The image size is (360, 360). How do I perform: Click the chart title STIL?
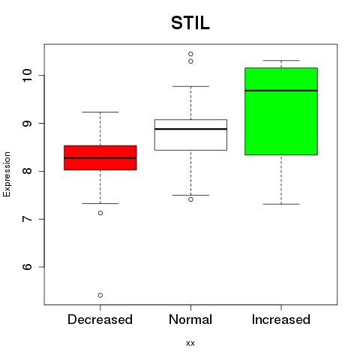coord(190,23)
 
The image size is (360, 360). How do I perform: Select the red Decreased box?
coord(100,157)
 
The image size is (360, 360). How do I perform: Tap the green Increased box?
coord(281,111)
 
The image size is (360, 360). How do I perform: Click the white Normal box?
coord(190,135)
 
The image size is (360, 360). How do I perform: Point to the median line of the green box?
coord(281,91)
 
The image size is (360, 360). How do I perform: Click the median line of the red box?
coord(100,158)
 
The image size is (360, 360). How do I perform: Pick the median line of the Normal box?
coord(190,129)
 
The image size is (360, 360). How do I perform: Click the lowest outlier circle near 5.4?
coord(100,295)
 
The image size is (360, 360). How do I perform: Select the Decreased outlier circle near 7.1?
coord(100,213)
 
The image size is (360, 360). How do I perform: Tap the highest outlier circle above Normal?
coord(190,54)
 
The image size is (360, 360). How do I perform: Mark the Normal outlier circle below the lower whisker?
coord(190,199)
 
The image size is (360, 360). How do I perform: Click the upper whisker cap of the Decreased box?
coord(100,112)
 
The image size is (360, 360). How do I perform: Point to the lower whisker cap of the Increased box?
coord(281,204)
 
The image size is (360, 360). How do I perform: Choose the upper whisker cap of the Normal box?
coord(190,86)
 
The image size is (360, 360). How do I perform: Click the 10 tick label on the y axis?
coord(27,75)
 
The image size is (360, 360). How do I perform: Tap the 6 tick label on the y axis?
coord(27,267)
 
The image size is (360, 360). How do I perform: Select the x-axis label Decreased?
coord(100,319)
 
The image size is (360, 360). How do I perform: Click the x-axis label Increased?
coord(281,319)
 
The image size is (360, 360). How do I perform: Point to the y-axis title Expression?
coord(7,174)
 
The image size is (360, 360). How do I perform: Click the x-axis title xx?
coord(190,343)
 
